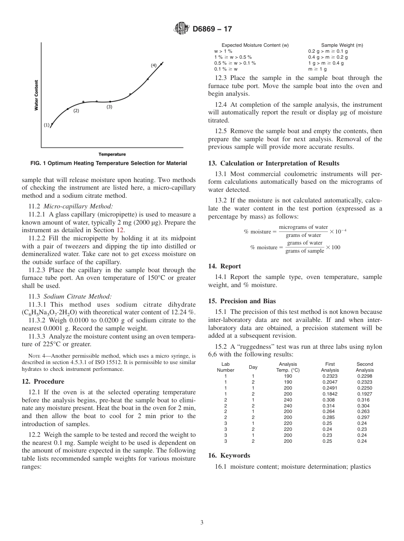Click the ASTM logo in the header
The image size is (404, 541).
182,29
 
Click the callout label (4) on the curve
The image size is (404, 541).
154,65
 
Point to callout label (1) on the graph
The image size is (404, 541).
46,125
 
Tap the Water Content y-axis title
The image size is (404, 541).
36,95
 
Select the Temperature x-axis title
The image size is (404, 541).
112,154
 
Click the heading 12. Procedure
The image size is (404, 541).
43,382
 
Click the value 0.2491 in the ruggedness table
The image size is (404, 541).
330,388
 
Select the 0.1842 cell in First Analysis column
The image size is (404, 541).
330,394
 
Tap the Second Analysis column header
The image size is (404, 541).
364,367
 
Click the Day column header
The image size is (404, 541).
253,367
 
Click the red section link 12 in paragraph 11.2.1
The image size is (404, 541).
120,230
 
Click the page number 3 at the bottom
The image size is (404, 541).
202,522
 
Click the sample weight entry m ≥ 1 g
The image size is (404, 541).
317,69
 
